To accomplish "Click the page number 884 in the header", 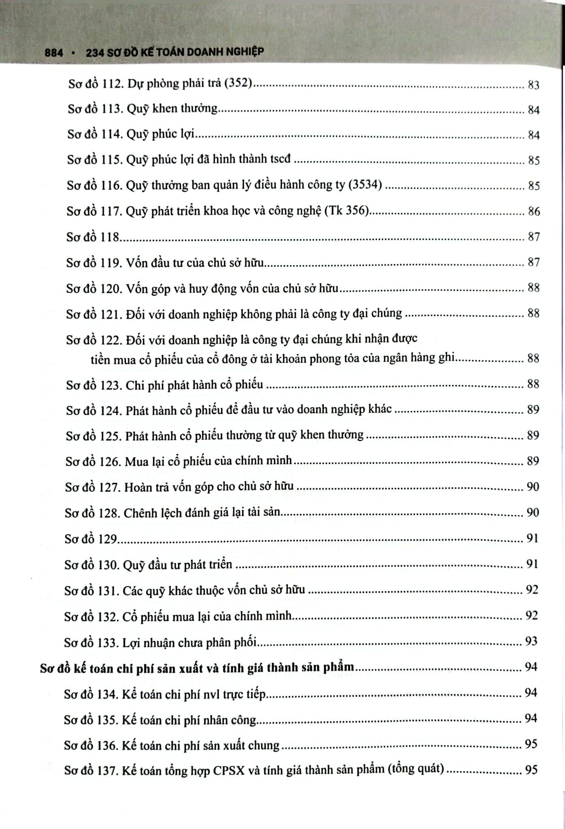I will [54, 52].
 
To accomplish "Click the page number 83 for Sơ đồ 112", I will [534, 85].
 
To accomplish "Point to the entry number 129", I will [107, 539].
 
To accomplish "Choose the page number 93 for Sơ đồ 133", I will [531, 641].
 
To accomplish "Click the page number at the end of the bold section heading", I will [531, 667].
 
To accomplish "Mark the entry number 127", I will [109, 487].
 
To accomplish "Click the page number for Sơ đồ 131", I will [531, 590].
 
